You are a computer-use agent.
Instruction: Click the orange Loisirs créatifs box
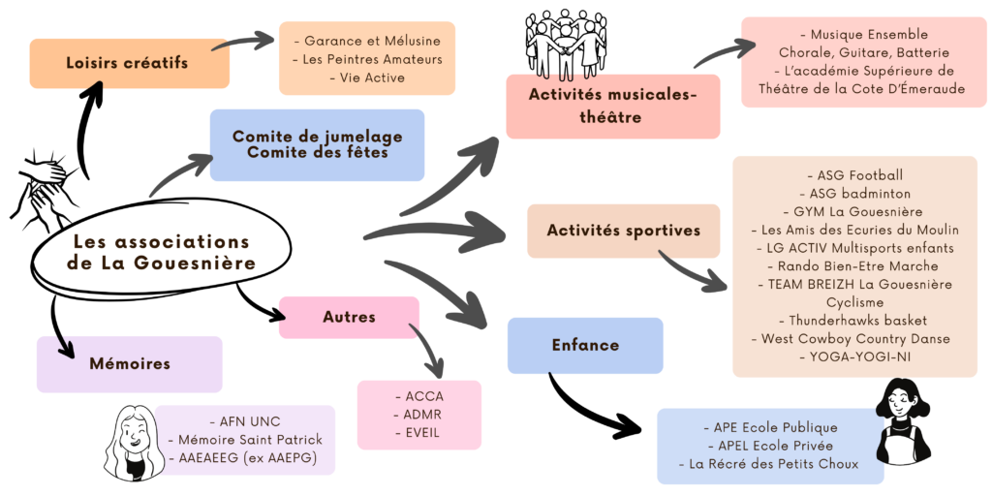point(129,64)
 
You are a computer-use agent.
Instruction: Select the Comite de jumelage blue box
point(317,144)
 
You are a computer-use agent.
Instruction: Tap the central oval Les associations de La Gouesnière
point(161,252)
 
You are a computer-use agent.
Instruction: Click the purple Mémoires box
point(129,364)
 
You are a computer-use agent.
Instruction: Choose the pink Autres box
point(349,318)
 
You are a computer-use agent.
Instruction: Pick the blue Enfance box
point(585,345)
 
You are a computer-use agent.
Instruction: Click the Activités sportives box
point(623,231)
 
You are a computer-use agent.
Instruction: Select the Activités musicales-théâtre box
point(612,106)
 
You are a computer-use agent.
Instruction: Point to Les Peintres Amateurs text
point(366,59)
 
